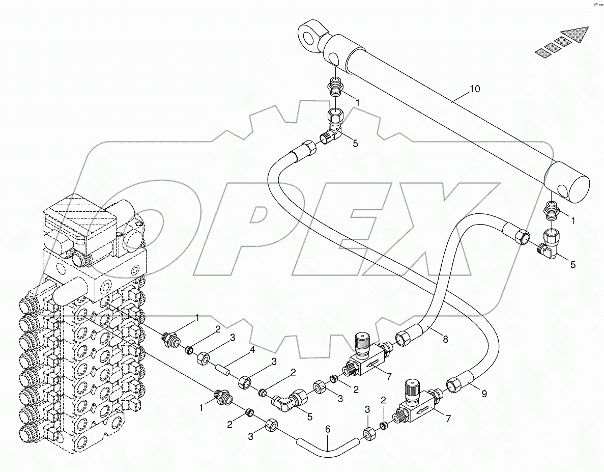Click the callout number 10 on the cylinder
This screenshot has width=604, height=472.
(474, 90)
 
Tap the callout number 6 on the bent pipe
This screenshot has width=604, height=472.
(328, 430)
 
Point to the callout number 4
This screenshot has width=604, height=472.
(251, 350)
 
